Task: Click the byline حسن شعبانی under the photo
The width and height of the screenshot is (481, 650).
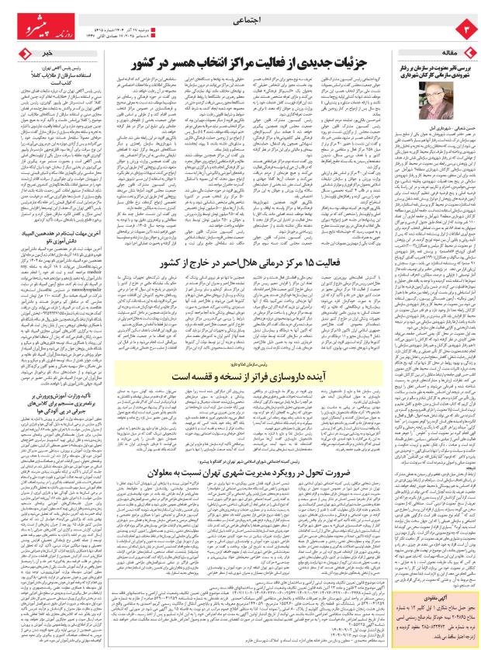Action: point(452,127)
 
